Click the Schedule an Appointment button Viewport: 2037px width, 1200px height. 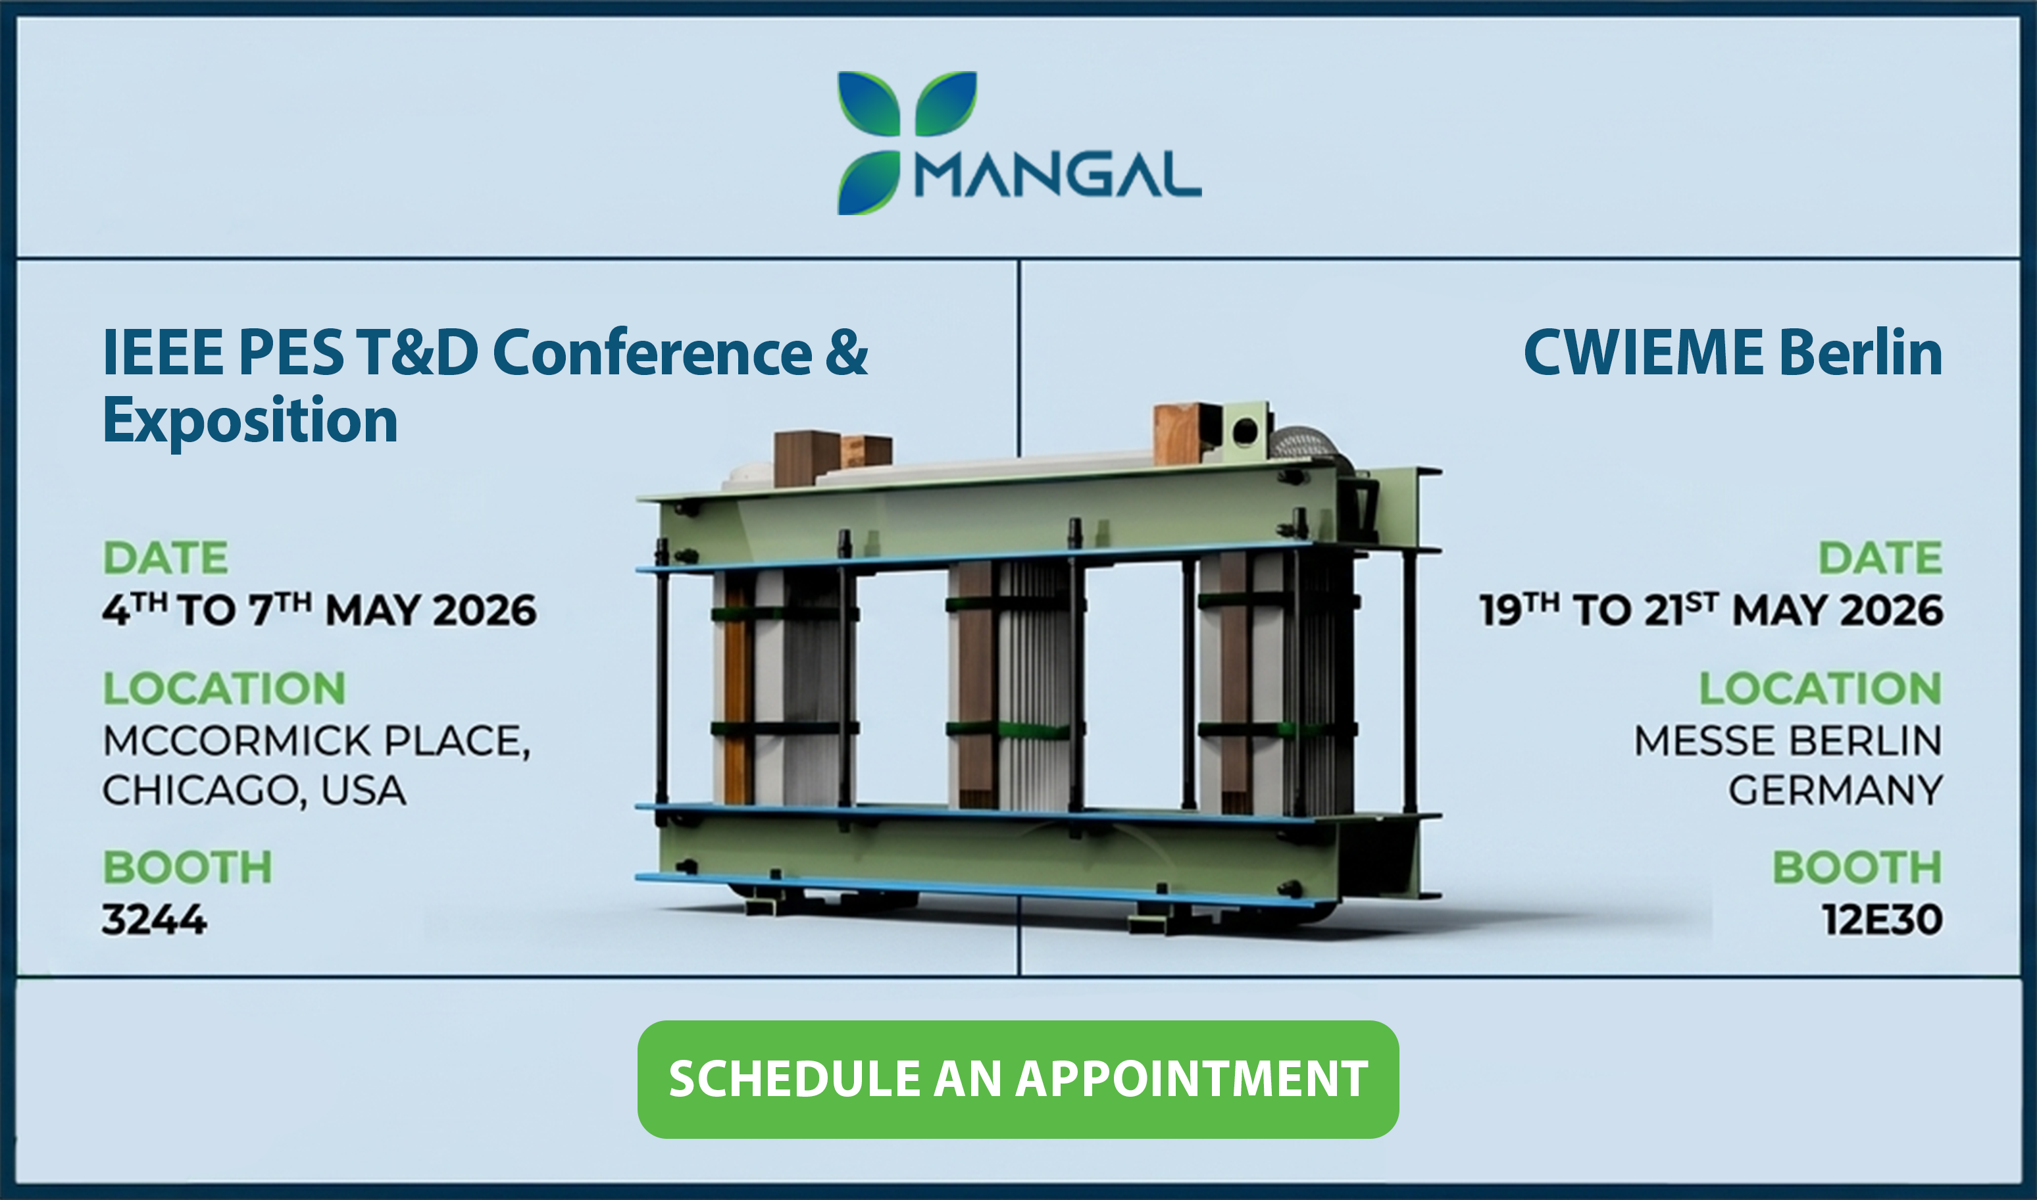point(1018,1080)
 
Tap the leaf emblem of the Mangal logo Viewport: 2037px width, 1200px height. point(907,142)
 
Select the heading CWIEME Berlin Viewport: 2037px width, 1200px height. point(1732,353)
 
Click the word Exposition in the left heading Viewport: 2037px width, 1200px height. point(250,421)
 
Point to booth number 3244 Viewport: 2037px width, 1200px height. point(154,920)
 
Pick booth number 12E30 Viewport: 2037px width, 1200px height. point(1882,920)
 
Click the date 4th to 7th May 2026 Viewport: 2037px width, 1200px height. point(319,609)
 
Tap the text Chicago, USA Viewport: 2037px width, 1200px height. point(254,790)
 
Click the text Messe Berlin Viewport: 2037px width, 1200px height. point(1788,741)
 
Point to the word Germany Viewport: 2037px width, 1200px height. point(1836,790)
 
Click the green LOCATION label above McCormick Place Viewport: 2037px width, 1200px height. point(224,688)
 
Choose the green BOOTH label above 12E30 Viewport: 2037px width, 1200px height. point(1857,867)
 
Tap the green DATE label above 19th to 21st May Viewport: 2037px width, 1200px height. point(1880,557)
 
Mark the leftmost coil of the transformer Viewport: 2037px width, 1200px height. point(783,687)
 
